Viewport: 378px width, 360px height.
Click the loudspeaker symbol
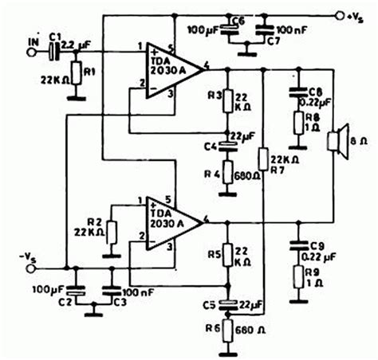[x=335, y=141]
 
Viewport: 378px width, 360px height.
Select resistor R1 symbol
[x=75, y=75]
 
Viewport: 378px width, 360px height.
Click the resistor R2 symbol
[x=112, y=233]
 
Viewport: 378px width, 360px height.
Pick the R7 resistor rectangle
[x=264, y=162]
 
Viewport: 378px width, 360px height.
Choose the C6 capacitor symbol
[x=230, y=33]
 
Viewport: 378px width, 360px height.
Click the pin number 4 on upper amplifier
[x=207, y=64]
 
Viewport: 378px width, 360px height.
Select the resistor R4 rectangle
[x=229, y=170]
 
